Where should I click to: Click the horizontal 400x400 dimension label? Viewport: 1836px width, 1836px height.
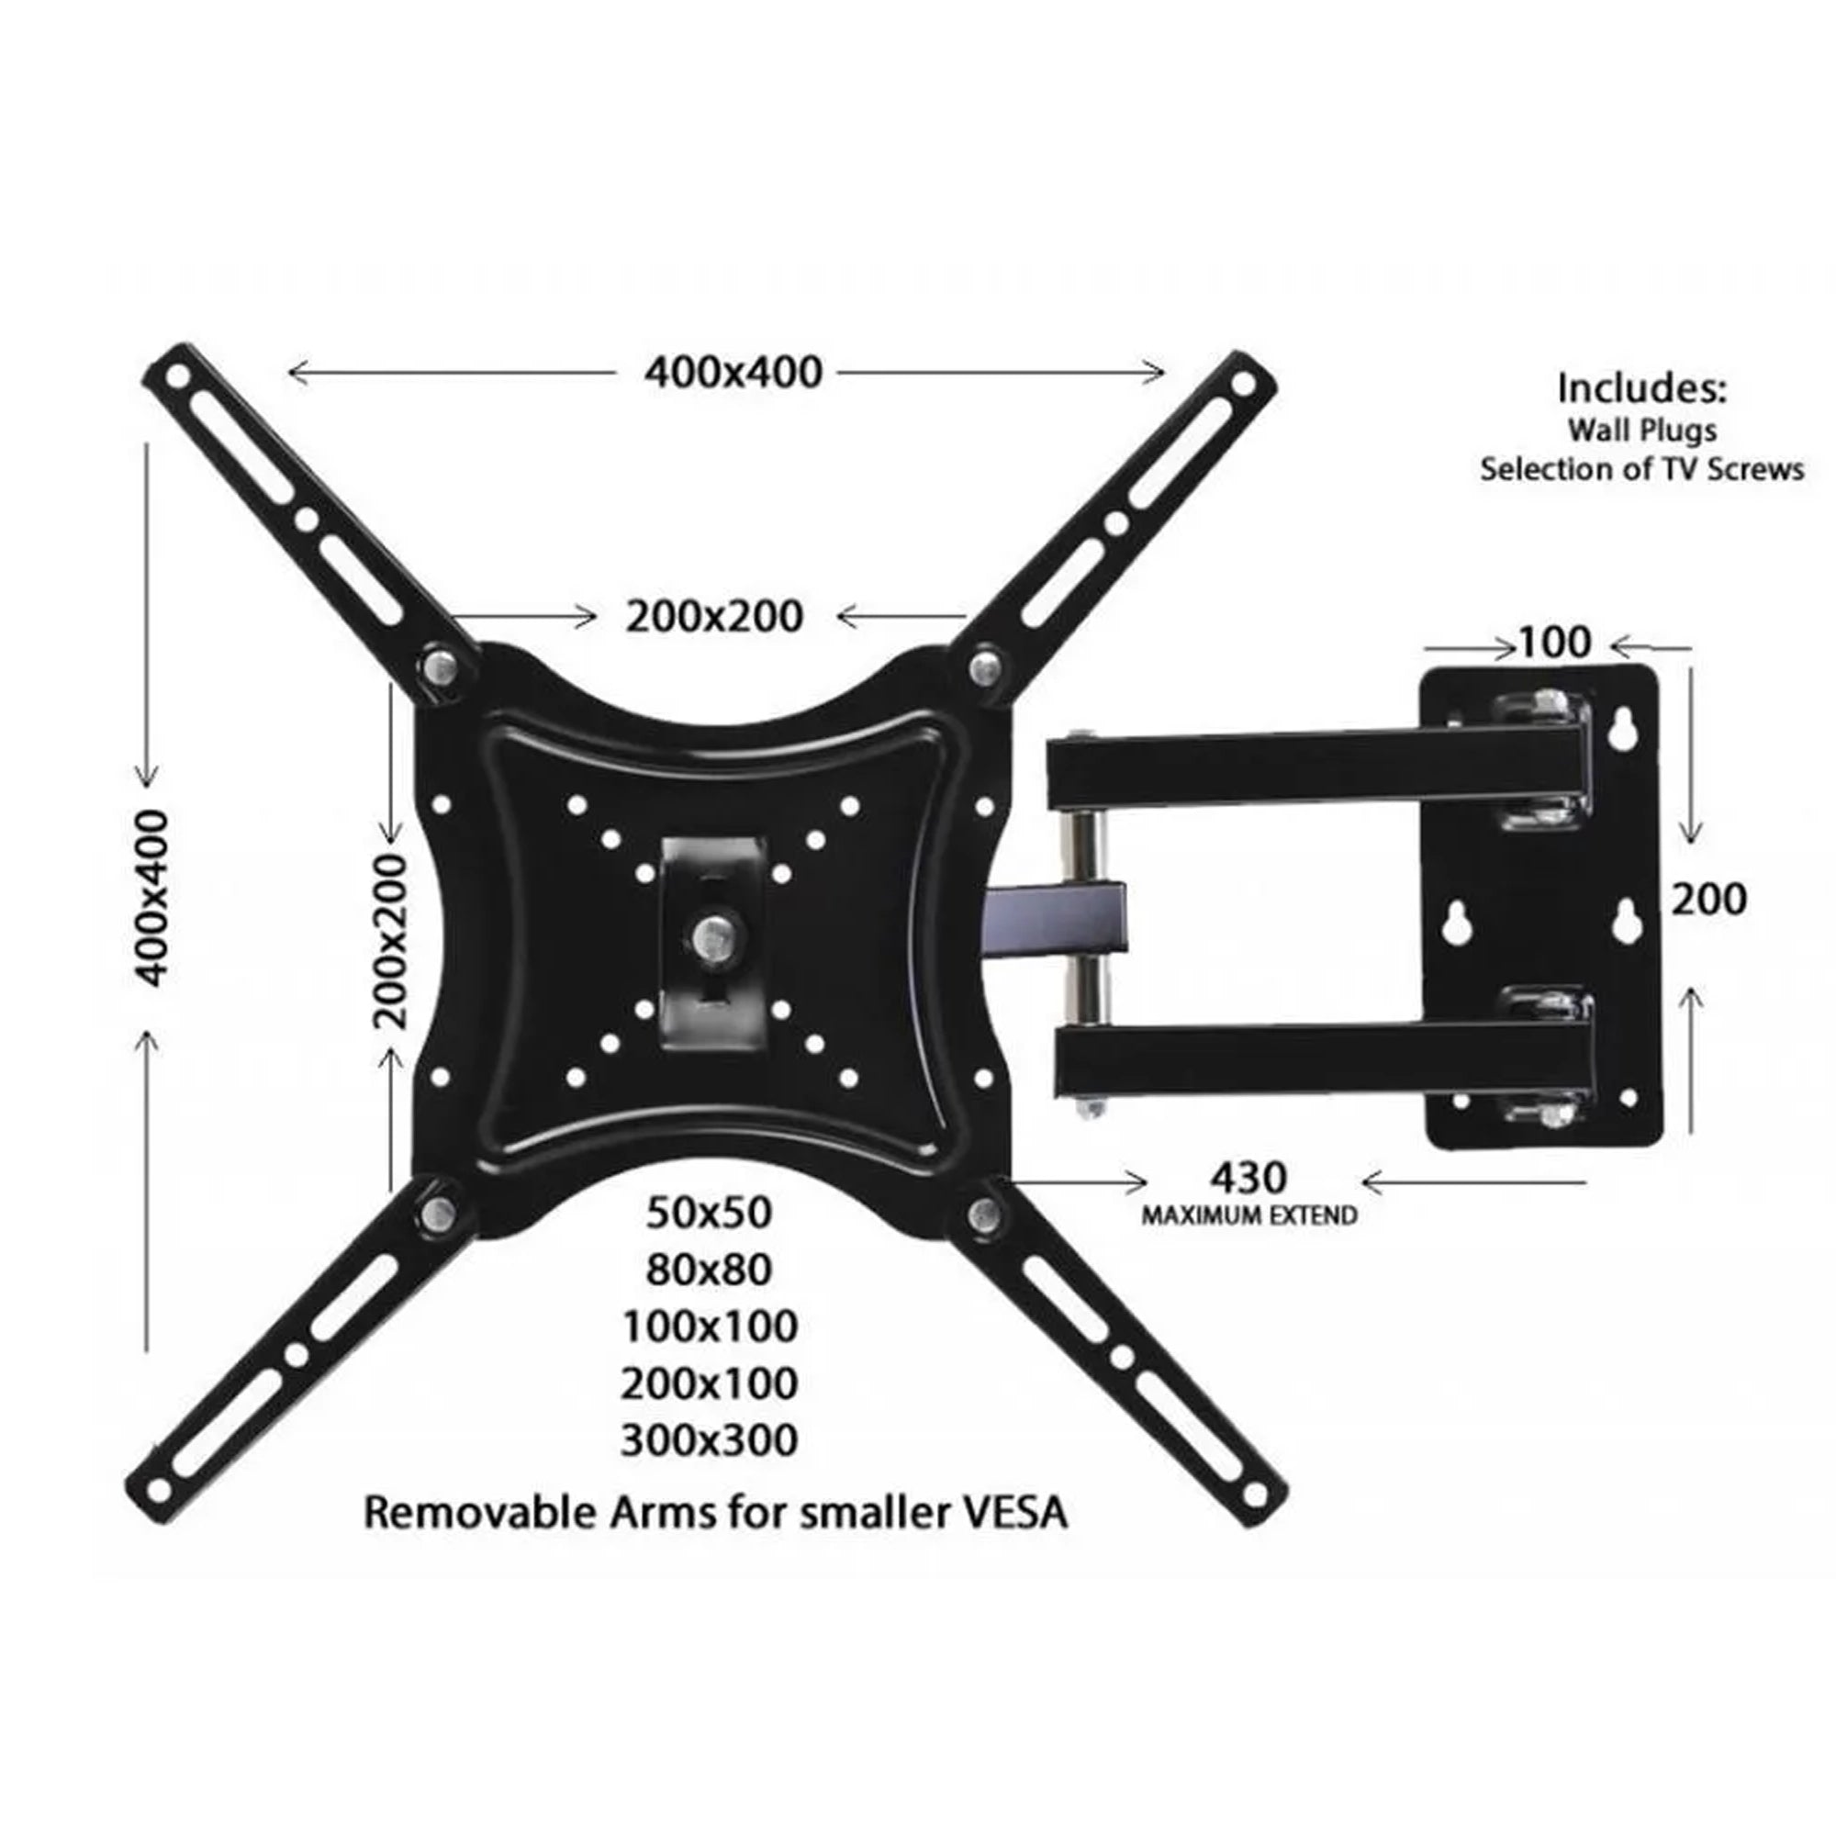point(733,373)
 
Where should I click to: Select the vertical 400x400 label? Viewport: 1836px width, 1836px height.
point(151,897)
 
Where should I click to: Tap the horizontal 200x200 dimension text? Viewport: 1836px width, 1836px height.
point(714,616)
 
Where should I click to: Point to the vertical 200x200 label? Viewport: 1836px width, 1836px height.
point(389,941)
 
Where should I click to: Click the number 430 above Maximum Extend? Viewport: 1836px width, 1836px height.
point(1248,1179)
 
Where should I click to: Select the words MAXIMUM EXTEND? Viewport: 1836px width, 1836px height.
point(1249,1215)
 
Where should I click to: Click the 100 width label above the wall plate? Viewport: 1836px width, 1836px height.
point(1555,644)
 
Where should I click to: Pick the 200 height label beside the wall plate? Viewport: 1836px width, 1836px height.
point(1708,899)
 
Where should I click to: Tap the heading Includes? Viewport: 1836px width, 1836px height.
point(1641,388)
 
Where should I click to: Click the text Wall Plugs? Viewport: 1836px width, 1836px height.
point(1641,431)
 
